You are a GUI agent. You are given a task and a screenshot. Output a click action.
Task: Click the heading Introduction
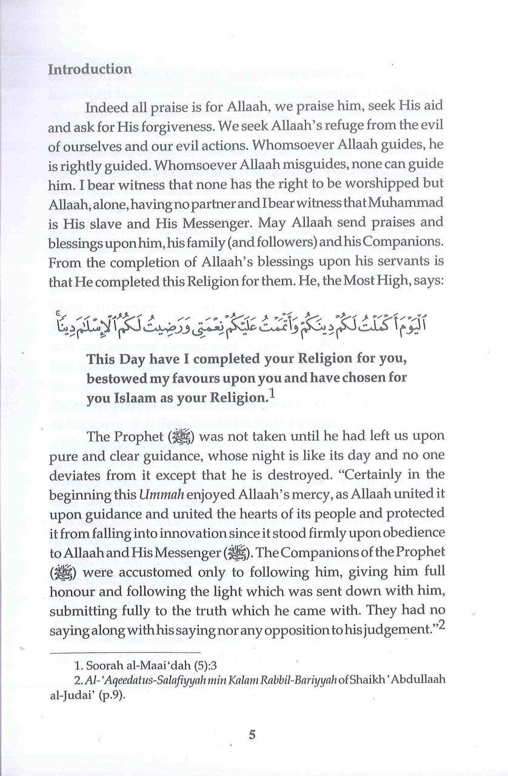click(x=90, y=69)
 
